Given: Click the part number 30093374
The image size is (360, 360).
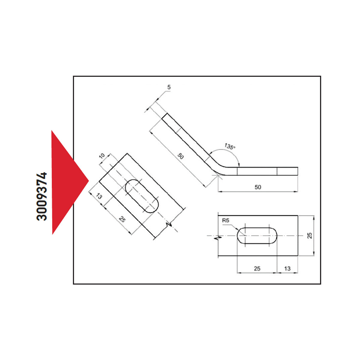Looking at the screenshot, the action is coord(41,196).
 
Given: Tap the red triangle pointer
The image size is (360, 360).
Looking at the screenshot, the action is coord(67,182).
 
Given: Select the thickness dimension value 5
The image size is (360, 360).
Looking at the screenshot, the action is coord(169,87).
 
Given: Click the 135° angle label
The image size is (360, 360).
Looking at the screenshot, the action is coord(229,146).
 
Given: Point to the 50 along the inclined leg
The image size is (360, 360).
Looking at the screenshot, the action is coord(181,156).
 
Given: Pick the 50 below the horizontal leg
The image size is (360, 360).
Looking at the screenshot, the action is coord(258,187).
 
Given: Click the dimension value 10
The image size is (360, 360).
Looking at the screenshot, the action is coord(102,156).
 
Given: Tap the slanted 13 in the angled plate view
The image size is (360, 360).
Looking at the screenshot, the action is coord(99,196).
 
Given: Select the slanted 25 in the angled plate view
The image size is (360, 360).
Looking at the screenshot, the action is coord(122,219).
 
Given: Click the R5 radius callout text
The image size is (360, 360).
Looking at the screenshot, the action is coord(226,220).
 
